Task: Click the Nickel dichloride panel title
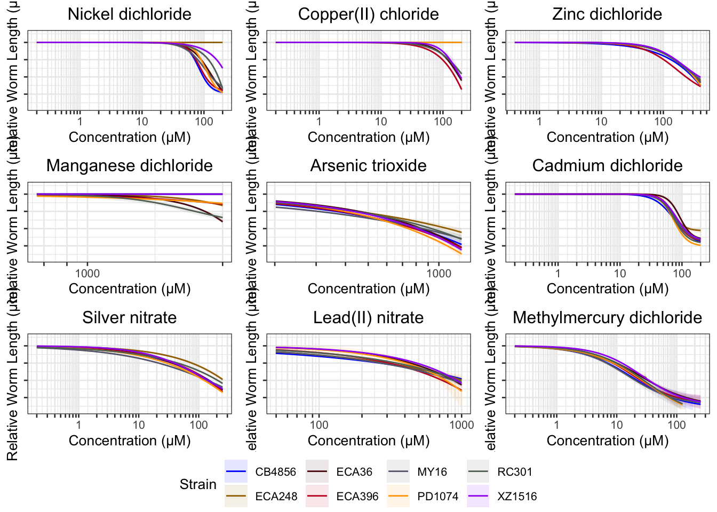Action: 129,14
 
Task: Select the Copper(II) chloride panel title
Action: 368,14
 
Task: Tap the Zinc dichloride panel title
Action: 607,14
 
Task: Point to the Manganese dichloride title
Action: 129,165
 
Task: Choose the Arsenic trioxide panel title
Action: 368,165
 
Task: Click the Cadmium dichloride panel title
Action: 607,165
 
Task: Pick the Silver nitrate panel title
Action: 129,317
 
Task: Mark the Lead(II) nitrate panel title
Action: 368,317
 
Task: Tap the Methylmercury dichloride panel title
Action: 607,317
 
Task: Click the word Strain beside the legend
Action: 198,484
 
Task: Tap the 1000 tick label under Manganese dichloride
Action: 87,274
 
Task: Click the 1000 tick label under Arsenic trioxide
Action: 439,274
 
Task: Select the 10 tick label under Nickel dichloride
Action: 142,122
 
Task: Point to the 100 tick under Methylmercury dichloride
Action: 676,425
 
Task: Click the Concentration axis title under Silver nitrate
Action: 129,441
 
